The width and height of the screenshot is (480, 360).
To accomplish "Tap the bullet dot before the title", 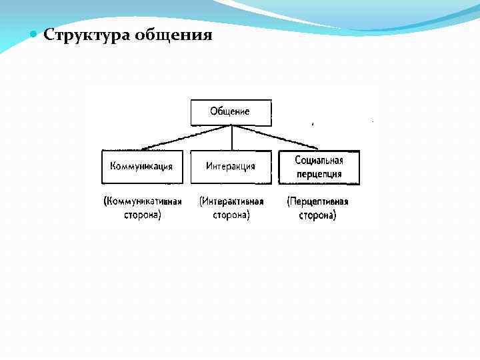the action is click(x=34, y=34).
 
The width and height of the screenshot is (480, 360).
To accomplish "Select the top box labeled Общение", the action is click(x=231, y=112).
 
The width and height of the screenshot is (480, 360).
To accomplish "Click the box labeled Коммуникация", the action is click(x=143, y=167).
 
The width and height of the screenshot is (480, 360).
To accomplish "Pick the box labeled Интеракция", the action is click(x=231, y=167).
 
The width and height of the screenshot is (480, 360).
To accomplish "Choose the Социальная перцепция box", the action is click(x=318, y=167).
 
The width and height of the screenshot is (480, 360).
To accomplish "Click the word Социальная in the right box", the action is click(x=319, y=161).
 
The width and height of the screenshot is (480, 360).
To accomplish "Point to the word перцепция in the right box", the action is click(x=319, y=174).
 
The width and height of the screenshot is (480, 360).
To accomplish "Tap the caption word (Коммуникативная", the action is click(x=143, y=201).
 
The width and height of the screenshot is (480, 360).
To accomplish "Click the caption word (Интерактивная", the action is click(x=231, y=201).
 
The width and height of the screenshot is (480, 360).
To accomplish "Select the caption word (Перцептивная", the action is click(x=318, y=201).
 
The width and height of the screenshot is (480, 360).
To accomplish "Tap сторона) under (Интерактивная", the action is click(x=231, y=215).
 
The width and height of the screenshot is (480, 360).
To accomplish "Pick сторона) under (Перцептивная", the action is click(x=318, y=215).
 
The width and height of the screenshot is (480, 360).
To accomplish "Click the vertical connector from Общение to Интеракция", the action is click(x=231, y=138).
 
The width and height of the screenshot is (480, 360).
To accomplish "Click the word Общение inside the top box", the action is click(x=230, y=111).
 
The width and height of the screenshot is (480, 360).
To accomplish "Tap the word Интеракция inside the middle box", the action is click(x=231, y=167).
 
